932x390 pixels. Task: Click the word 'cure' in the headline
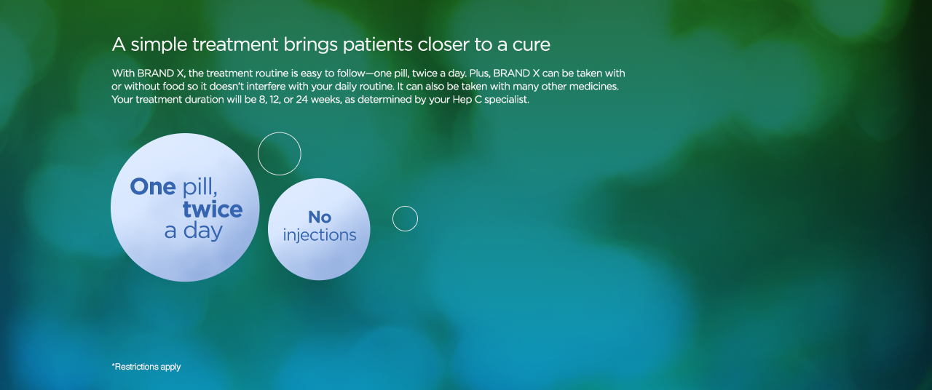tap(532, 45)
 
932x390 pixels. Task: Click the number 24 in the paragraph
tap(301, 100)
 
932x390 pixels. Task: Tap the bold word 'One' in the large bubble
tap(153, 187)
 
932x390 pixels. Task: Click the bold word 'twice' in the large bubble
tap(213, 209)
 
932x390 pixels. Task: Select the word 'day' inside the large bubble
tap(203, 231)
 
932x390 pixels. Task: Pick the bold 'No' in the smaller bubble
tap(320, 217)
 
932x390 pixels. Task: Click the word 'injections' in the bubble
tap(320, 235)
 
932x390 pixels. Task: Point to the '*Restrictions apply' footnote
tap(146, 367)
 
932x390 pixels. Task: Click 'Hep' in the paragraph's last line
tap(462, 100)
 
